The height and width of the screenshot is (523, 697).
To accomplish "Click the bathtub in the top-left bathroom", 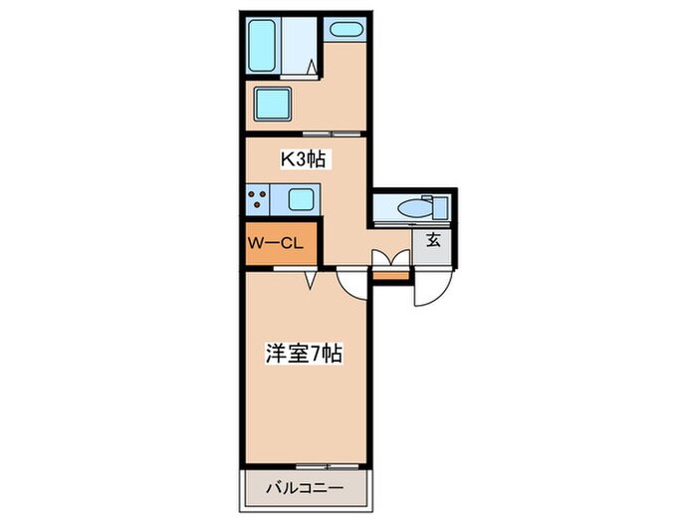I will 264,45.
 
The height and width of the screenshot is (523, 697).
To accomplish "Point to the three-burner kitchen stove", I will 258,199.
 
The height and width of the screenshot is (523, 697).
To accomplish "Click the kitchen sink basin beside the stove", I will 302,199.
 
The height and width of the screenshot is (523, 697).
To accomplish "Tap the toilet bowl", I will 408,208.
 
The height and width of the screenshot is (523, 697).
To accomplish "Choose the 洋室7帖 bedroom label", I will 305,352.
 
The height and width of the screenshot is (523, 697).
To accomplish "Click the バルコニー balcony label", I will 305,488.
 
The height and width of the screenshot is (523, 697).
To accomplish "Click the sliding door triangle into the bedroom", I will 311,280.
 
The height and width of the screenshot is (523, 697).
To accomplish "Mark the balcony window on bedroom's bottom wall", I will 321,465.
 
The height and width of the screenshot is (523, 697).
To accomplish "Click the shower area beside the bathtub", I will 299,45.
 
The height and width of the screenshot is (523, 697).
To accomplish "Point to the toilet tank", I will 436,208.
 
